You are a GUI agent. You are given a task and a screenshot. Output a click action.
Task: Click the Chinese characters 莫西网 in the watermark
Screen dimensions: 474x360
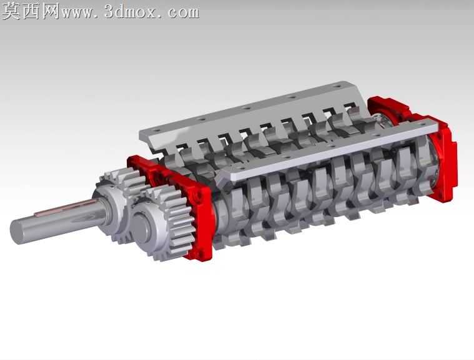(31, 11)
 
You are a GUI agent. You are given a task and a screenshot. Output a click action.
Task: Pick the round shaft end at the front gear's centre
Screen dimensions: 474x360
(142, 226)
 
